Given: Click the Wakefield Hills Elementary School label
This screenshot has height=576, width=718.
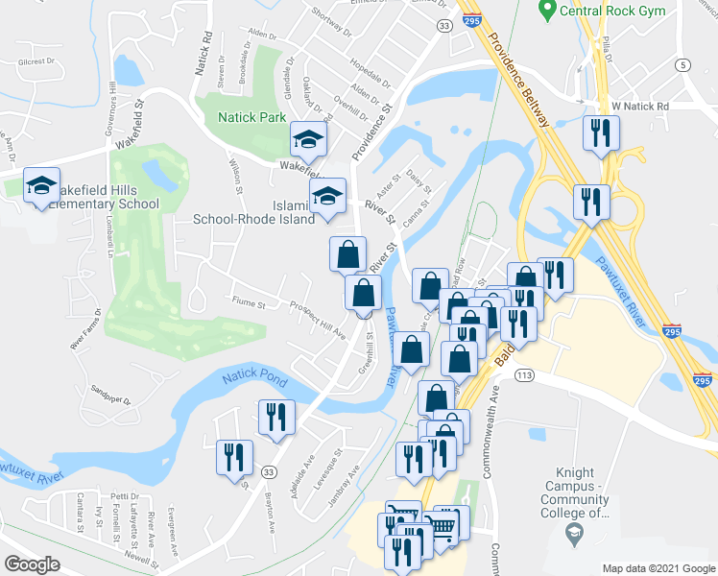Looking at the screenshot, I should [x=94, y=196].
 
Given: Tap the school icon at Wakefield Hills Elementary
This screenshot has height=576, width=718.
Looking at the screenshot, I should [x=41, y=186].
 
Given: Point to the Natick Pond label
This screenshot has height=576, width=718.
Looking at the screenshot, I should [x=256, y=380].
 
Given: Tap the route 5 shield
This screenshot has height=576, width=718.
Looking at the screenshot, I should [x=682, y=65].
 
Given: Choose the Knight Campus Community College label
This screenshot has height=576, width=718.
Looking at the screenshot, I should [x=575, y=492].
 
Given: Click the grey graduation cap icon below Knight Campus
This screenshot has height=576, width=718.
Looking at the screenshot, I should [x=574, y=534].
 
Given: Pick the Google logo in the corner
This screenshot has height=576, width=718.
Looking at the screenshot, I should [x=33, y=564].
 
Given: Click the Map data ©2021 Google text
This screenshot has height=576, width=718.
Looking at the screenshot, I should [x=658, y=568].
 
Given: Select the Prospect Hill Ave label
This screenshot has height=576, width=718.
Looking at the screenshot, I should [x=318, y=319].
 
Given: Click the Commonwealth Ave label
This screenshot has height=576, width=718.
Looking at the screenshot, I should [x=495, y=404].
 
